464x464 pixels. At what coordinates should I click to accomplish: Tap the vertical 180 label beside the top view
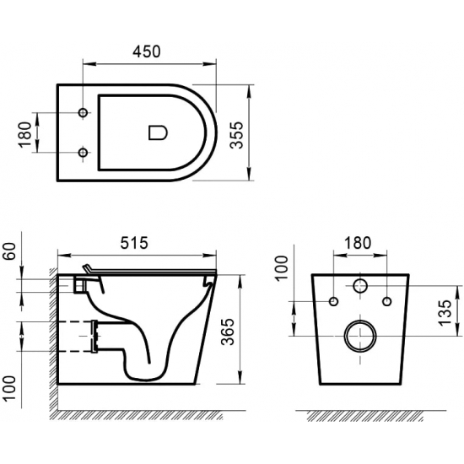coord(24,132)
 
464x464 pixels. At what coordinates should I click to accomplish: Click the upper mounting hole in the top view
coord(83,113)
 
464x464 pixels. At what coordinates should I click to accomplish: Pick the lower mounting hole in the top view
coord(83,152)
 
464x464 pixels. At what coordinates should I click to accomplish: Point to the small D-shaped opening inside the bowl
coord(157,132)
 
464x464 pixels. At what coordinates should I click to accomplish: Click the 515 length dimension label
coord(135,243)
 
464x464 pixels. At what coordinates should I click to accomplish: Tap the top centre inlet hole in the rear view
coord(360,286)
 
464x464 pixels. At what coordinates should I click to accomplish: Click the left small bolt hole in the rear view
coord(333,301)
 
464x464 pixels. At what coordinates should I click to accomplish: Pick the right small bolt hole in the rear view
coord(387,301)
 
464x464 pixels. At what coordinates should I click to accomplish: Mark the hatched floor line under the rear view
coord(363,416)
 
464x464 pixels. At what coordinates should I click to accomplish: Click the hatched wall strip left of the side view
coord(51,337)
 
